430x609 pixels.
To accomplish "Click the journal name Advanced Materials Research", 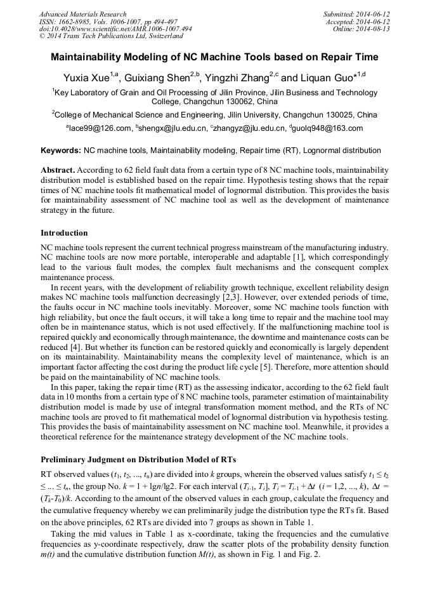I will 82,14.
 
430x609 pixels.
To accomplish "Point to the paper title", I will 214,57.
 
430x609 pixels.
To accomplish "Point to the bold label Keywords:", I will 61,151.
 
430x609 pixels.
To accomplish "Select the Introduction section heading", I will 64,233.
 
